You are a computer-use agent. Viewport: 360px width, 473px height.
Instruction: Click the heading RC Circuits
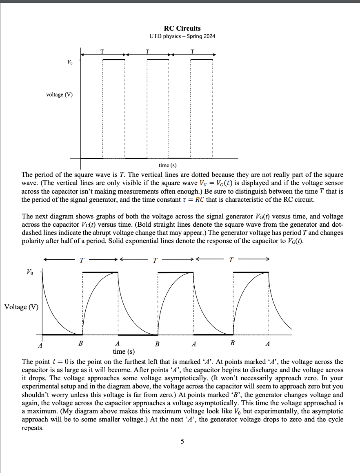coord(182,28)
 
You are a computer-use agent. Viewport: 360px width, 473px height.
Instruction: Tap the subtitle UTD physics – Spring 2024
coord(182,36)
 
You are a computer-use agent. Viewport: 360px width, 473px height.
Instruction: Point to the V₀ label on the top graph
coord(70,62)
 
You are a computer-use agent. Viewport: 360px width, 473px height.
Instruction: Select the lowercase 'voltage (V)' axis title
coord(60,94)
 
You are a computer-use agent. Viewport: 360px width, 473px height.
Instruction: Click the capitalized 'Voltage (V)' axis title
coord(21,307)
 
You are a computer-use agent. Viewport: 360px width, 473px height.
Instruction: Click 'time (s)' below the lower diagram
coord(124,351)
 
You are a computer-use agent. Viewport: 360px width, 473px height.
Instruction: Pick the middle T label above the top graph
coord(147,51)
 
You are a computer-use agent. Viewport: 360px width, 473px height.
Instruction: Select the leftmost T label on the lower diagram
coord(82,260)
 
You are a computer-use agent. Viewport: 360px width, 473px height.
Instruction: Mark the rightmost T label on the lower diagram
coord(232,260)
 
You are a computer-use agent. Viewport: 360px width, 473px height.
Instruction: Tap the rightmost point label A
coord(267,344)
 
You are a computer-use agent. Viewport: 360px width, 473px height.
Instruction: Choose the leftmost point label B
coord(80,344)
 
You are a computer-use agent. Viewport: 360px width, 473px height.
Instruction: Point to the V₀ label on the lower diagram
coord(30,272)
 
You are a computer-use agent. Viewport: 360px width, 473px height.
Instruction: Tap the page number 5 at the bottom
coord(182,441)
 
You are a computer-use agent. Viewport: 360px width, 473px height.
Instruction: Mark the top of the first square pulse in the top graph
coord(113,60)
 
